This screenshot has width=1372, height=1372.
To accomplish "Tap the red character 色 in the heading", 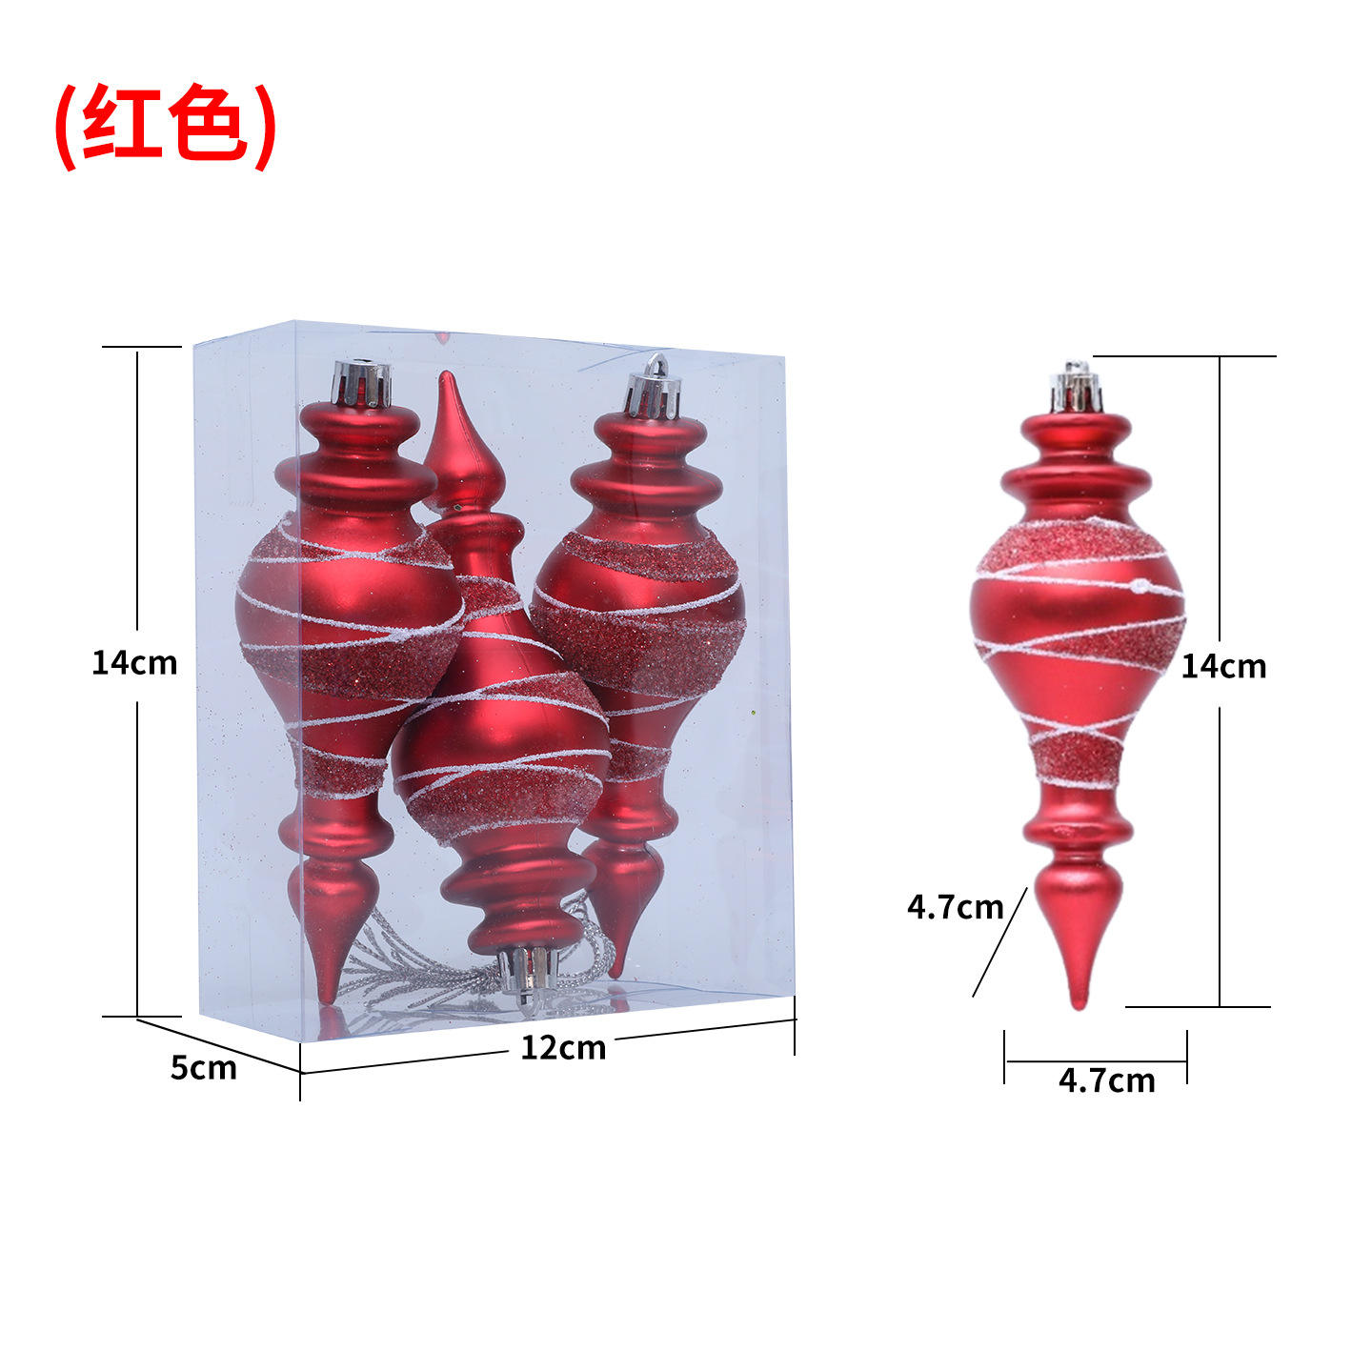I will coord(209,125).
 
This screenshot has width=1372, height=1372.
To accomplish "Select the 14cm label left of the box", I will coord(134,662).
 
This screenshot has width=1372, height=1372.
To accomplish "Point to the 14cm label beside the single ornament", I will coord(1223,666).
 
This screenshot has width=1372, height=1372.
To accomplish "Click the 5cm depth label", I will coord(203,1067).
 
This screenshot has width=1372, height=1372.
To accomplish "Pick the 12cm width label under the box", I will coord(562,1047).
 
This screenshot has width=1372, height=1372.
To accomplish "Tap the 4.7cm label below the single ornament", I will coord(1106,1079).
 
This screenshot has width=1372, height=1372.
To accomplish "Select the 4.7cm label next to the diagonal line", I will coord(955,906).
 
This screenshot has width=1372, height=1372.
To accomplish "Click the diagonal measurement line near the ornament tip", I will coord(999,943).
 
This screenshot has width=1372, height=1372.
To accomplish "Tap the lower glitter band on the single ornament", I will coord(1078,758).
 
